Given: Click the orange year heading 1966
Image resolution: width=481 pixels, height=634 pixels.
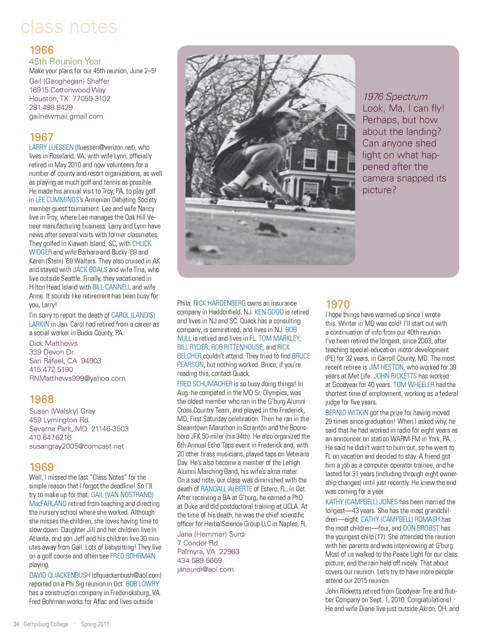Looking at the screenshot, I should point(42,50).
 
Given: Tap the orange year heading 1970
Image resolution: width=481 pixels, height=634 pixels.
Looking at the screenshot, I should point(338,304).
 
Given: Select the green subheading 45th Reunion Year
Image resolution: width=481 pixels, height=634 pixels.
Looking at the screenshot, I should point(65,62).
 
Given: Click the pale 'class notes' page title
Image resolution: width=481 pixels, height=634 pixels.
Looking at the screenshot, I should point(69,27).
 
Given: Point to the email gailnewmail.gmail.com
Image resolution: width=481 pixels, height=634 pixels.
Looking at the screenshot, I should point(66,116).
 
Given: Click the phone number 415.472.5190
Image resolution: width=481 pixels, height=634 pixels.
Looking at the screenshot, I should point(51,370).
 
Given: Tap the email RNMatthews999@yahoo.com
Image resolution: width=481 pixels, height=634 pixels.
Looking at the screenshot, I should point(77,379).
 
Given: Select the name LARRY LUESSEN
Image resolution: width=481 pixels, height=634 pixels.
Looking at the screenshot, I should point(51,147).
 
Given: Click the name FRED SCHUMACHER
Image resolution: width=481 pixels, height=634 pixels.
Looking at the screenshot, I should point(204,384).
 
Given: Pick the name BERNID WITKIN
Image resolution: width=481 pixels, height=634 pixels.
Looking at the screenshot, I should point(347,413).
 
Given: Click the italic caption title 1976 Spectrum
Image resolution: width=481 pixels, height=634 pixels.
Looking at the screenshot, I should point(395,97).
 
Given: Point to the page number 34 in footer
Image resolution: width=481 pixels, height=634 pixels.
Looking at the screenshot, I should point(17,624).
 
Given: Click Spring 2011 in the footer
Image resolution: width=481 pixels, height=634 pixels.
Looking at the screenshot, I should point(95,624).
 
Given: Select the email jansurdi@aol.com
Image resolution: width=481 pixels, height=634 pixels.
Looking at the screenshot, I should point(205,569).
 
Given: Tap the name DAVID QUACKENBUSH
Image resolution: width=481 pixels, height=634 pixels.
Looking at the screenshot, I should point(60,575).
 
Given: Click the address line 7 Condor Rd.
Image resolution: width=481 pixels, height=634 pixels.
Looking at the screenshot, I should point(198,543).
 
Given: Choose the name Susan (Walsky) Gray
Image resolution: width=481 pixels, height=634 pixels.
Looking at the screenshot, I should point(62,411).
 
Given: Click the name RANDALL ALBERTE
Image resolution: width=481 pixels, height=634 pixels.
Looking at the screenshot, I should point(226,489).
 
